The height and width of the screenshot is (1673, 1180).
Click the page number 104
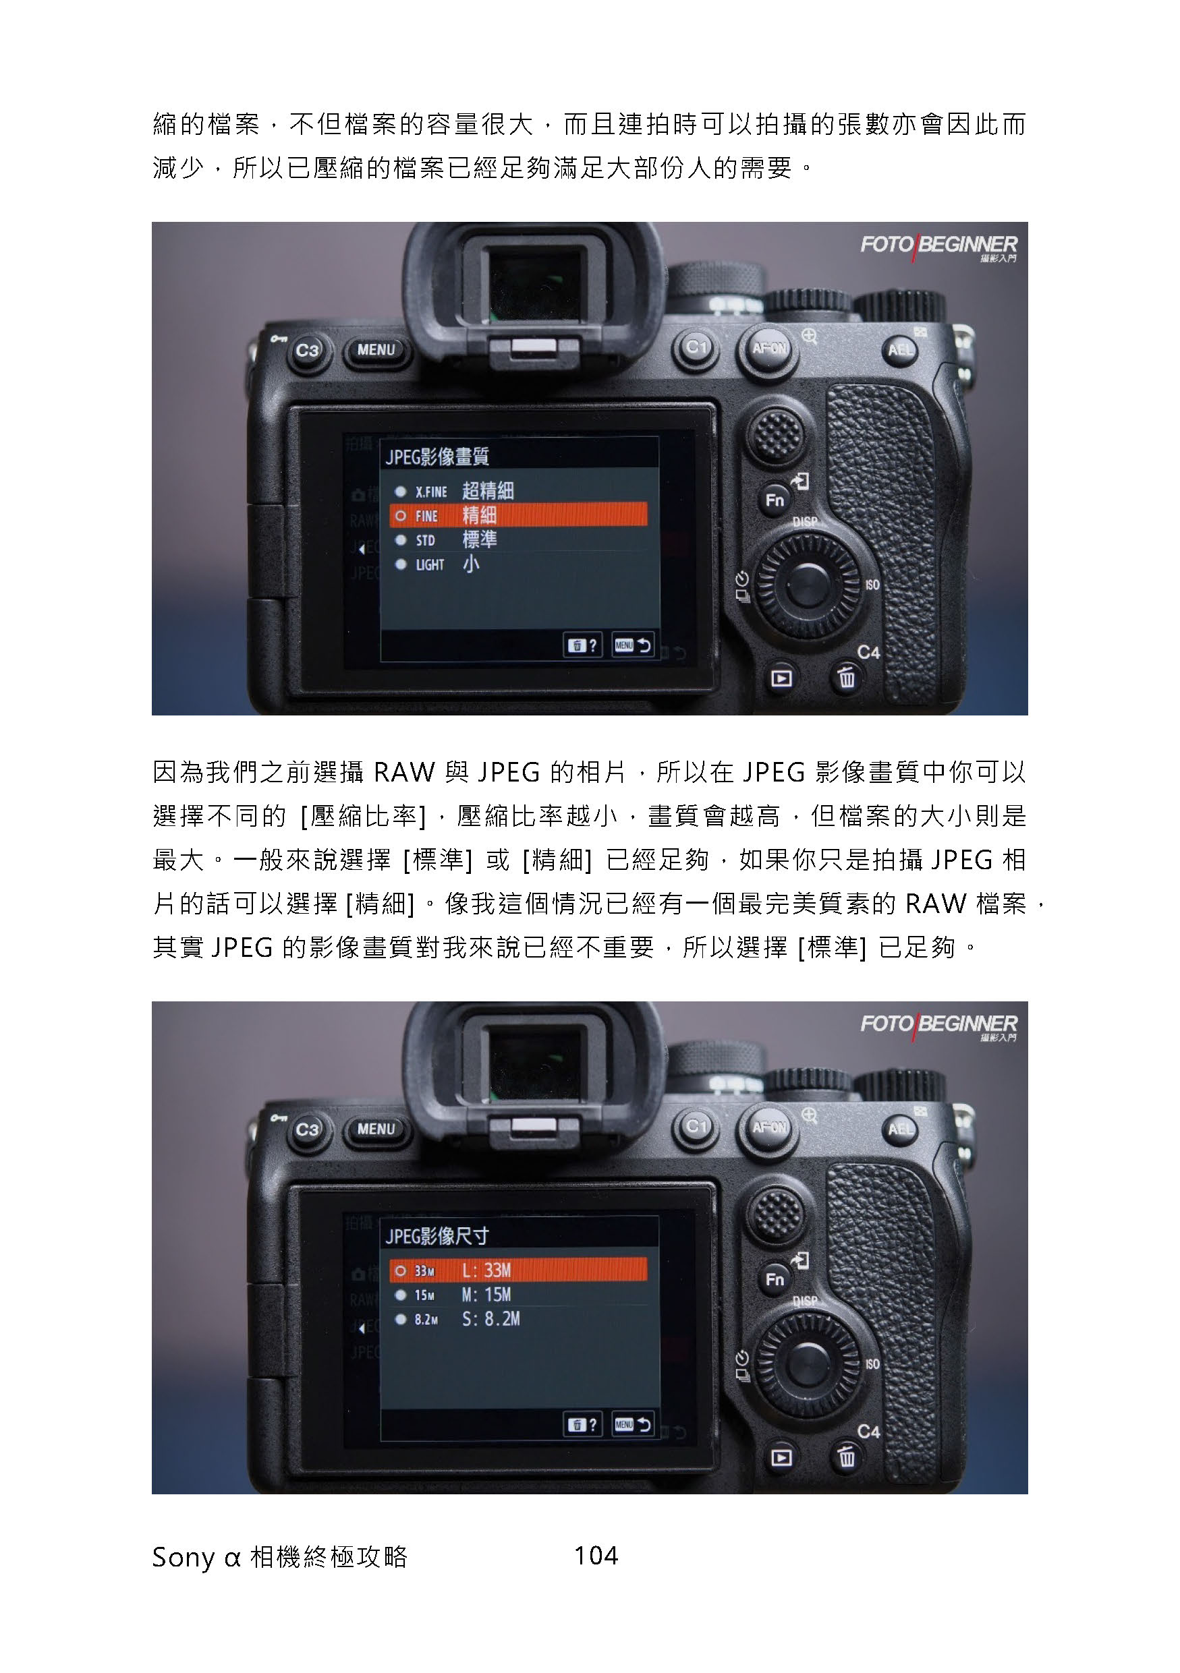click(x=596, y=1555)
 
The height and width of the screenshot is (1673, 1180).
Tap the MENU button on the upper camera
click(x=376, y=350)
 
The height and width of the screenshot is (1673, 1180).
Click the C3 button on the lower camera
click(x=308, y=1129)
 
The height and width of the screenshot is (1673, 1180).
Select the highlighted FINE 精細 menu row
click(x=518, y=515)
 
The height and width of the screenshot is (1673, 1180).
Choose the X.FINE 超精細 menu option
click(x=455, y=491)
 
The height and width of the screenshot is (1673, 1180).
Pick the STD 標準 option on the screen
click(x=447, y=540)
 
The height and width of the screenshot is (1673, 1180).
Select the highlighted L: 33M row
click(x=518, y=1270)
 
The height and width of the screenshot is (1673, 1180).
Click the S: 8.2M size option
click(x=457, y=1319)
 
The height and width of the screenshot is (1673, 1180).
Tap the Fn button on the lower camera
click(x=775, y=1279)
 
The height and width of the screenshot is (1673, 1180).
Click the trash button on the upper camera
click(x=846, y=678)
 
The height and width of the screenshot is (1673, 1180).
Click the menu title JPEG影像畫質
click(x=437, y=457)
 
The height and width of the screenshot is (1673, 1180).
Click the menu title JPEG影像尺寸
click(x=437, y=1236)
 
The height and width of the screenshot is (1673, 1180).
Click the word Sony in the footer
click(x=183, y=1557)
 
